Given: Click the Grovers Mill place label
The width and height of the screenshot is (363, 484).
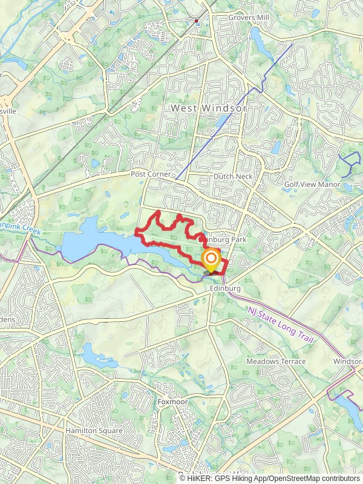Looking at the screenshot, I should click(x=249, y=18).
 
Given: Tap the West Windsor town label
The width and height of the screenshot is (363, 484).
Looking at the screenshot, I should click(x=209, y=108).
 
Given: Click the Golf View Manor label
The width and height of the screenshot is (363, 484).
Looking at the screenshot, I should click(x=313, y=183).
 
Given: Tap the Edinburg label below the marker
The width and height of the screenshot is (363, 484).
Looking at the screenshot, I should click(x=225, y=289).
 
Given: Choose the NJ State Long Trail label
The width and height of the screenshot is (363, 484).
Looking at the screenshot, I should click(x=280, y=325).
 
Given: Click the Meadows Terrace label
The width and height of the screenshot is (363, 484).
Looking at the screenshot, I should click(x=276, y=361).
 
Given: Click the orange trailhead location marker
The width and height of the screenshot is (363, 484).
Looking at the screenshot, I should click(x=211, y=261).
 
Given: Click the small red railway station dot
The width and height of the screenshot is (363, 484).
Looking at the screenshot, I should click(x=197, y=21).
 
